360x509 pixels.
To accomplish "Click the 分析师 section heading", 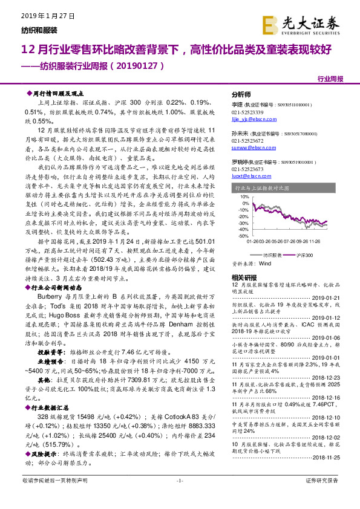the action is (x=242, y=95).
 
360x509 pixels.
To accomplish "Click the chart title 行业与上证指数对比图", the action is (x=260, y=189).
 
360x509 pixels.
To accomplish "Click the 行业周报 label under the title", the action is (x=330, y=79).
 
